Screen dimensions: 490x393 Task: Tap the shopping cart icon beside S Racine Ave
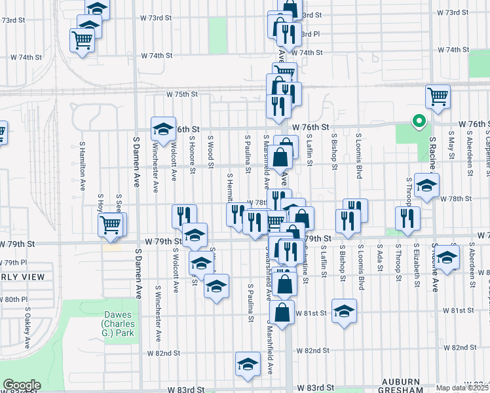click(438, 96)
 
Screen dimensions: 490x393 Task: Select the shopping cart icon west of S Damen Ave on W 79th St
click(111, 225)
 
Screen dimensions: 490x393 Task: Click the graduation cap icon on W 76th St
click(163, 128)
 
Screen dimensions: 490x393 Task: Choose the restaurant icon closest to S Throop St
click(407, 218)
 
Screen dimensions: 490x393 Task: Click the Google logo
click(22, 385)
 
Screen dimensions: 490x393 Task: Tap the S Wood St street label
click(211, 151)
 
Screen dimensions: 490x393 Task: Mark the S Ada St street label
click(380, 260)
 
